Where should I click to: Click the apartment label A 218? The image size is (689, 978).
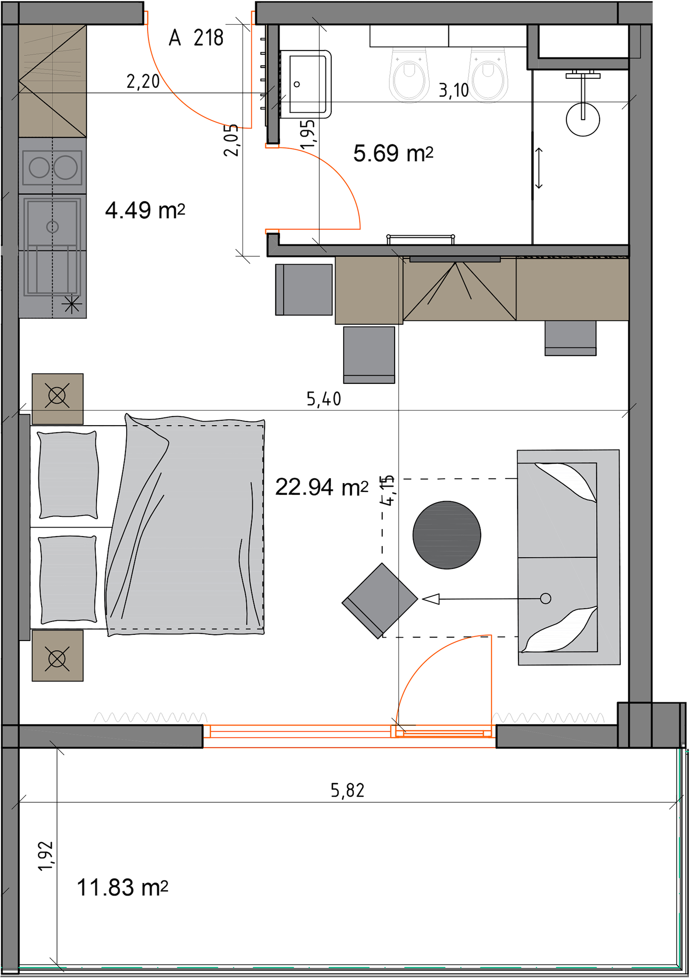click(196, 38)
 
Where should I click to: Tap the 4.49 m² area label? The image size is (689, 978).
click(145, 210)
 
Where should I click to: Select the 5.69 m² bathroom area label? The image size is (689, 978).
click(393, 153)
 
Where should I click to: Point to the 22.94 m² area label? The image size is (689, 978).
click(321, 487)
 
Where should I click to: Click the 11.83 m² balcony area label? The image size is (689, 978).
click(122, 888)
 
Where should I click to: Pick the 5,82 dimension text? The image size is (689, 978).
click(347, 790)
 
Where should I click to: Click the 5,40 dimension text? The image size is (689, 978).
click(324, 399)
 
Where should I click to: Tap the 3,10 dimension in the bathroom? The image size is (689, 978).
click(453, 90)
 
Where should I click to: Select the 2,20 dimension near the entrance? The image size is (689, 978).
click(143, 81)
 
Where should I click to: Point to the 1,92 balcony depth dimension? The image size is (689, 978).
click(46, 856)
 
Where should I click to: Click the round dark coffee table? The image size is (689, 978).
click(447, 535)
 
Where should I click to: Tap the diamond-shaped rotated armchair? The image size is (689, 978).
click(380, 601)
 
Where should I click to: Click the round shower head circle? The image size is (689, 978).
click(583, 120)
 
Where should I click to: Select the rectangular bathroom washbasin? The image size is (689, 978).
click(306, 84)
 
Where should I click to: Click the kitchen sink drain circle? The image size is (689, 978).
click(52, 227)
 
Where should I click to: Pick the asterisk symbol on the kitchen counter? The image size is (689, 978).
click(71, 305)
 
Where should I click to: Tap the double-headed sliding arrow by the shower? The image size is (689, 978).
click(539, 168)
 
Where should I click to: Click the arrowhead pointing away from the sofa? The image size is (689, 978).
click(431, 599)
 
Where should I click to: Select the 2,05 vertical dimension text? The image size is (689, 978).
click(231, 140)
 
